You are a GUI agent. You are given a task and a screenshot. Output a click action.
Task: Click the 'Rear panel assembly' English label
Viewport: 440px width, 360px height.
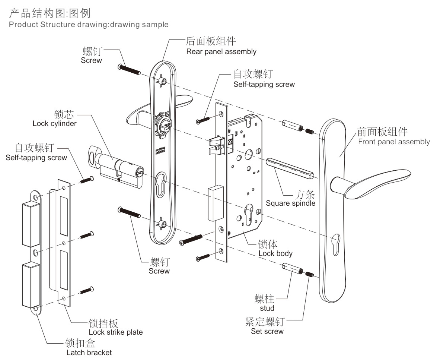(x=221, y=51)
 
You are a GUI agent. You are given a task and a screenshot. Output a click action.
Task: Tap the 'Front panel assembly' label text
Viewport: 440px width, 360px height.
(x=394, y=142)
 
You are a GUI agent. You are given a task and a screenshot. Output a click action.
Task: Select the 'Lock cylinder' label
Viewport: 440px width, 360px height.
(x=54, y=123)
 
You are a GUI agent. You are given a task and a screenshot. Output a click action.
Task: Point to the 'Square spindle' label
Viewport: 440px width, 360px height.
(x=290, y=203)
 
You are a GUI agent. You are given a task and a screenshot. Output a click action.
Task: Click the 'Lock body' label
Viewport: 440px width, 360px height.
(x=275, y=253)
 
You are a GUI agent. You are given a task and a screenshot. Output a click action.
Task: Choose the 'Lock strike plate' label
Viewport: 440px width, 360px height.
(x=115, y=332)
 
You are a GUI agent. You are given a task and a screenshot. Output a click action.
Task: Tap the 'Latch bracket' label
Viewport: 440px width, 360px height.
(x=89, y=352)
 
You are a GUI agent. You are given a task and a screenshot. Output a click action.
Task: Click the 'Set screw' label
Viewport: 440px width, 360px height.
(x=267, y=331)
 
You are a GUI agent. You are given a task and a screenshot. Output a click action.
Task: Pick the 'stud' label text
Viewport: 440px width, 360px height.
(x=267, y=308)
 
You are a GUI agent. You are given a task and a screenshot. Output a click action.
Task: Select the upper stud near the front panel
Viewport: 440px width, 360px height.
(x=292, y=125)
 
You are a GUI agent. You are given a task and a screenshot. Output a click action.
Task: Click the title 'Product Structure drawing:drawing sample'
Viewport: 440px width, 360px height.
(x=89, y=25)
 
